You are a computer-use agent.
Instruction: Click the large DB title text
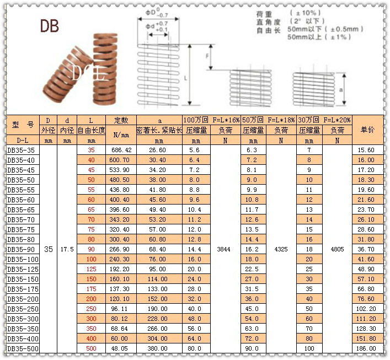[49, 26]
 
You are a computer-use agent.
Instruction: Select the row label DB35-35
[21, 150]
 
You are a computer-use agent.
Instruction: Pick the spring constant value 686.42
[121, 150]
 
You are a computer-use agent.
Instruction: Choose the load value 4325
[280, 249]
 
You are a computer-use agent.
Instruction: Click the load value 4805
[337, 249]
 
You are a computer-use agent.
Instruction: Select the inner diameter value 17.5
[67, 249]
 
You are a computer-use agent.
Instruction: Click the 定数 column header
[121, 120]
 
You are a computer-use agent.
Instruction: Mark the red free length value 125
[91, 269]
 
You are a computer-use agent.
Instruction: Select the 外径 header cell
[49, 130]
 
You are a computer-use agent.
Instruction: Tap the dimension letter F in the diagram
[207, 57]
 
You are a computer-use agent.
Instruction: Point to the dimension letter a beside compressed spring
[342, 88]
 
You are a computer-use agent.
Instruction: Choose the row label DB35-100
[23, 259]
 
